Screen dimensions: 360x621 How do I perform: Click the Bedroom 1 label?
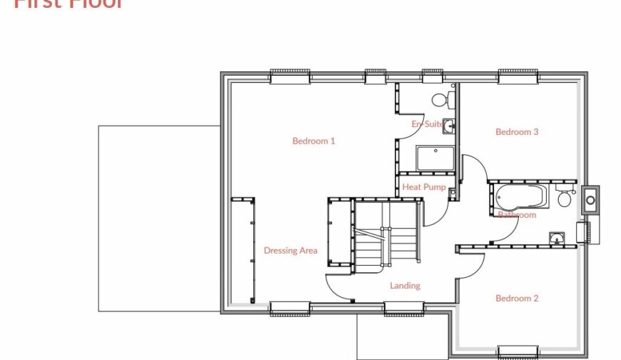313,141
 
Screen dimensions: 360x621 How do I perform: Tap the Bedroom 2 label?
517,298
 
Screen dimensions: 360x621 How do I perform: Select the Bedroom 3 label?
517,131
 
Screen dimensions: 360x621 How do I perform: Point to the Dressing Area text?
291,251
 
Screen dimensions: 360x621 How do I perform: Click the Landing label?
405,286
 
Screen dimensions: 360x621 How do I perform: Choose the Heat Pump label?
424,187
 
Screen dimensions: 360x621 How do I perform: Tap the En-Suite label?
427,124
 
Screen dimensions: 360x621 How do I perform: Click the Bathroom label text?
517,214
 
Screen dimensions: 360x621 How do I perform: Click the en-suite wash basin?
448,126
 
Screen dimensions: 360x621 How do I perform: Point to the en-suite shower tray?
435,158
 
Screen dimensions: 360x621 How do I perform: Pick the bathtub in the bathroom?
520,196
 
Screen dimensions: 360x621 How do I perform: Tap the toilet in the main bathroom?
565,198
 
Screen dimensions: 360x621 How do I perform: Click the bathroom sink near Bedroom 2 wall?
557,238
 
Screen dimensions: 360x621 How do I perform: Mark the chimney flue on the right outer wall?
590,200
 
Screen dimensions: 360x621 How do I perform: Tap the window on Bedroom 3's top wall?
518,76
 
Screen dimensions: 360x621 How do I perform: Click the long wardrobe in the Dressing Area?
243,250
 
